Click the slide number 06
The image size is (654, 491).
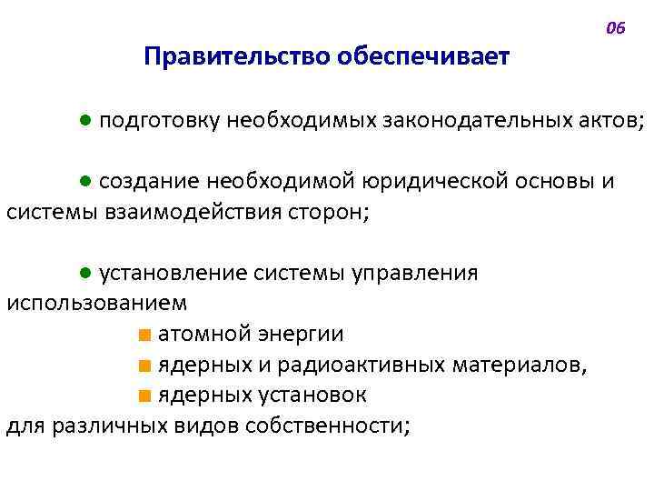click(x=615, y=28)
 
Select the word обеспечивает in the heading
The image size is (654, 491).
click(x=423, y=58)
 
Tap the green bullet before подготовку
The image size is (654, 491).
click(x=84, y=120)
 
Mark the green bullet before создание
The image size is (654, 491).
click(x=84, y=181)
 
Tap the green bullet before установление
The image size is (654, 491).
click(x=84, y=273)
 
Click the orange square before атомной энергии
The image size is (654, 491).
click(x=144, y=335)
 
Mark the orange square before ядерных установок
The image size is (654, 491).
click(x=144, y=396)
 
